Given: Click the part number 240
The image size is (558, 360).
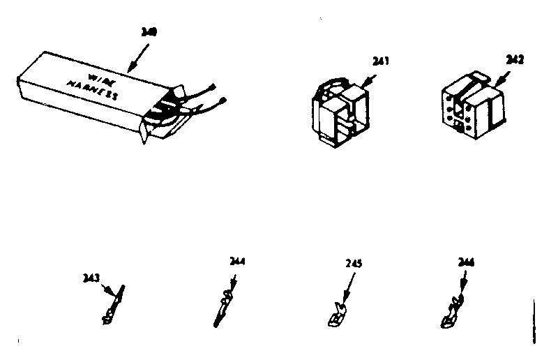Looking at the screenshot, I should click(149, 31).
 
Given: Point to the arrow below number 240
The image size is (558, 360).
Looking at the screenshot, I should click(139, 54).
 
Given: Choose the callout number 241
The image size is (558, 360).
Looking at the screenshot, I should click(381, 61).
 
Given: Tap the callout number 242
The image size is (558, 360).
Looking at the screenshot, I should click(515, 61).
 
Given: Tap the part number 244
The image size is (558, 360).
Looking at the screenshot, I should click(238, 262).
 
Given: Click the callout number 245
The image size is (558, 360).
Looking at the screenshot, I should click(354, 264).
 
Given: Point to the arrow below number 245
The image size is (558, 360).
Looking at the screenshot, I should click(347, 286).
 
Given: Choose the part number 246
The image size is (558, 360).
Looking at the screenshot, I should click(466, 262).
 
